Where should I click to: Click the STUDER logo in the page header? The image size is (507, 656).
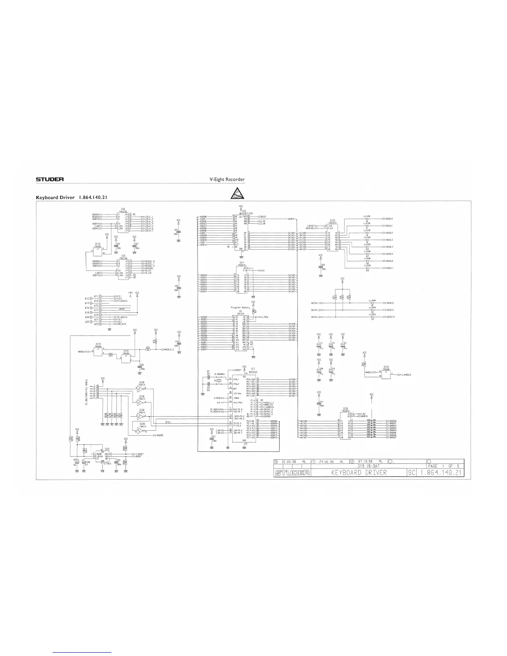(49, 179)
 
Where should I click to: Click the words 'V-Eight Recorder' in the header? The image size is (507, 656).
(228, 179)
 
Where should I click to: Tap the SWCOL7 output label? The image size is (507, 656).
(389, 268)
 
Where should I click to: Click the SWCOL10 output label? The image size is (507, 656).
(390, 317)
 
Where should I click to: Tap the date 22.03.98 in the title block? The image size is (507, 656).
(287, 461)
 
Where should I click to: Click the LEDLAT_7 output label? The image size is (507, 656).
(148, 231)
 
